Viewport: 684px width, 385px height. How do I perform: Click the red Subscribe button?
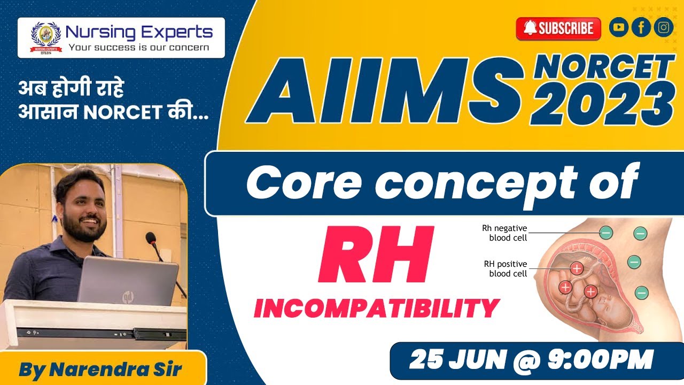pos(558,28)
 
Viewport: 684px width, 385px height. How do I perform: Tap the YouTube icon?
pos(619,28)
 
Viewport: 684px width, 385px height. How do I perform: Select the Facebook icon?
pos(641,28)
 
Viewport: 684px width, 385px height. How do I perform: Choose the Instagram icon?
pos(663,28)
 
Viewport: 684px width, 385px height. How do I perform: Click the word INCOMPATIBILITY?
pos(377,309)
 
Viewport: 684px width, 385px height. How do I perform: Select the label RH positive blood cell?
pos(505,268)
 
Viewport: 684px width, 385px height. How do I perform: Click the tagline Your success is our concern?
pos(138,47)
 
